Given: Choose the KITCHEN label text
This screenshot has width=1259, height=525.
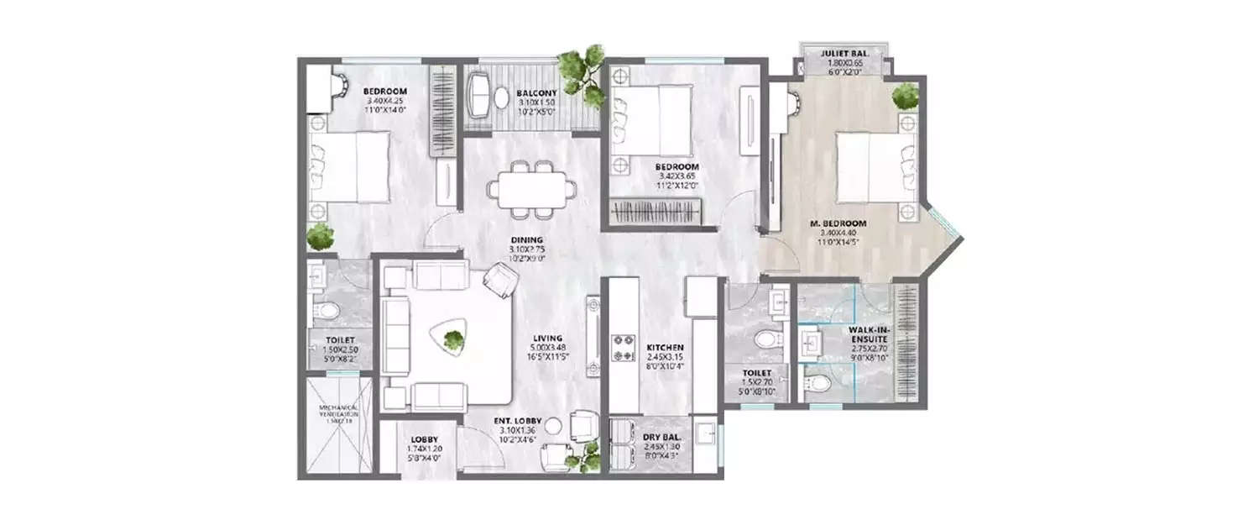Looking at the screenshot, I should [665, 347].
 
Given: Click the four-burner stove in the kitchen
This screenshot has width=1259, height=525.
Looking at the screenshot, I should [623, 349].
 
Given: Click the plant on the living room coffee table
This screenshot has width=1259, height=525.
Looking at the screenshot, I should [453, 340].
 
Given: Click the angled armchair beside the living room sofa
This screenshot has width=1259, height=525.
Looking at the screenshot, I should [502, 279].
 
